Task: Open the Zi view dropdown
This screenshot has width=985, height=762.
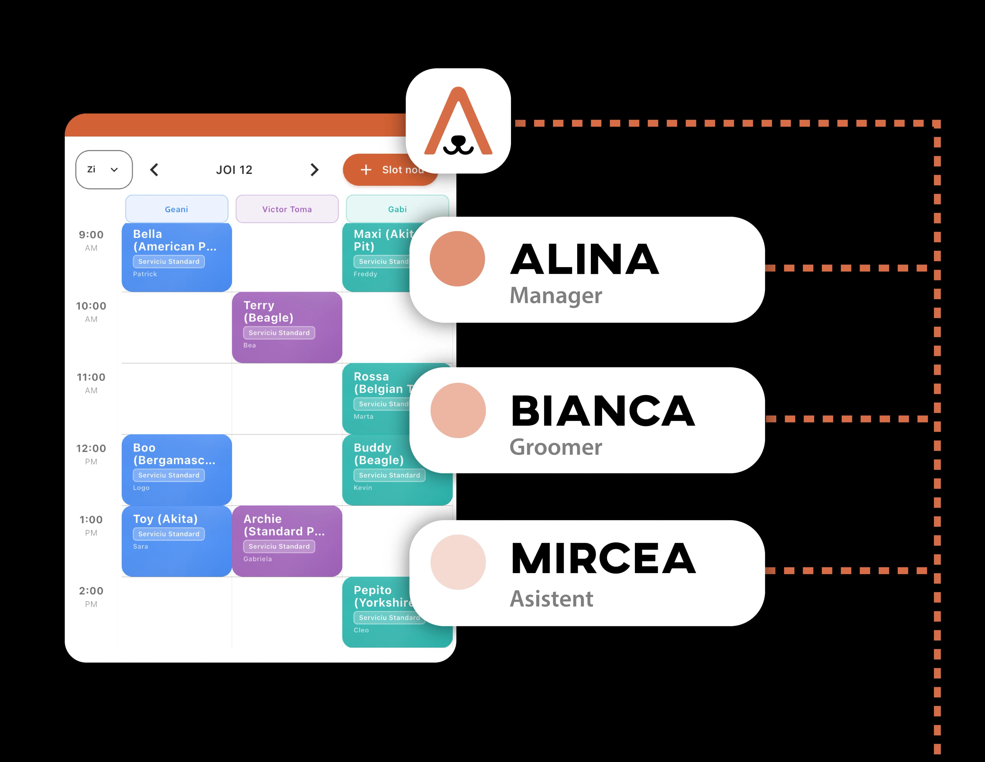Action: pyautogui.click(x=104, y=170)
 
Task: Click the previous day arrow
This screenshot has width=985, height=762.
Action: pyautogui.click(x=154, y=170)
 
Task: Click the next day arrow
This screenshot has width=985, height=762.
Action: pyautogui.click(x=314, y=170)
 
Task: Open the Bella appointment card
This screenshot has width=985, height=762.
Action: pyautogui.click(x=176, y=257)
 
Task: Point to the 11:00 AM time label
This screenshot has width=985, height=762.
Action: pyautogui.click(x=91, y=383)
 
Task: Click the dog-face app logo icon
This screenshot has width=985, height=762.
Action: pyautogui.click(x=458, y=121)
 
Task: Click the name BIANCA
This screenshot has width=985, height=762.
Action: pyautogui.click(x=603, y=411)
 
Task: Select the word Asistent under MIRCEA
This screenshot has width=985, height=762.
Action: pyautogui.click(x=551, y=599)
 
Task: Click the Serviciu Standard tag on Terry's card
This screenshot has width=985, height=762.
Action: pyautogui.click(x=279, y=333)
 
